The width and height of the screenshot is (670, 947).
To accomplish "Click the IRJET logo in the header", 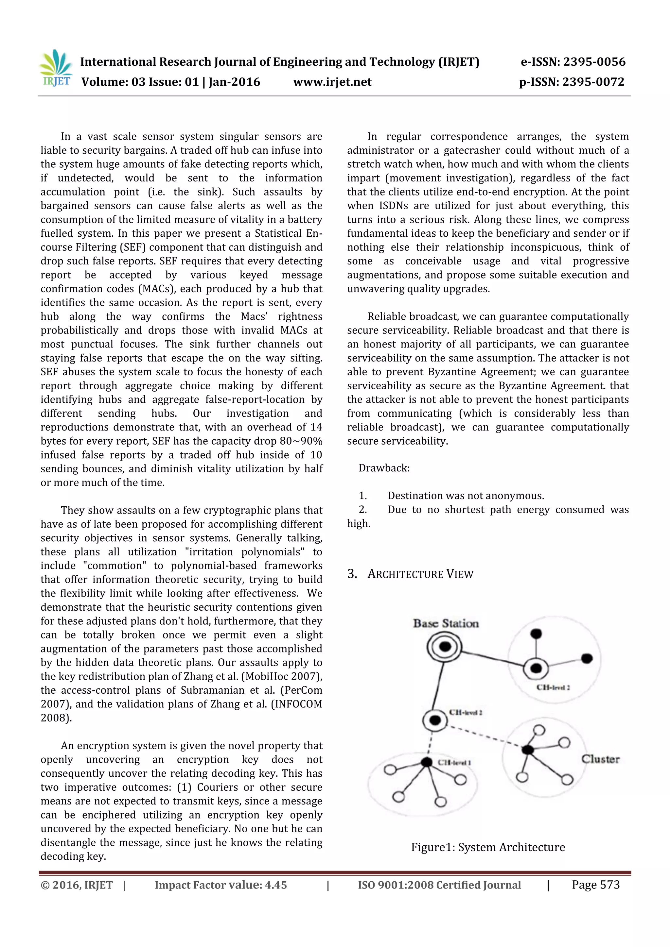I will [x=57, y=68].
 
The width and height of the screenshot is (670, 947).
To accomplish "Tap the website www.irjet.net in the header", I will [x=332, y=82].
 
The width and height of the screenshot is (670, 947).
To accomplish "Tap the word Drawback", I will [x=384, y=468].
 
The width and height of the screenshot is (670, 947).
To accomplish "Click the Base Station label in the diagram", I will [x=446, y=623].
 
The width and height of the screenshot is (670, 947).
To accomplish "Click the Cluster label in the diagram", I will [x=600, y=759].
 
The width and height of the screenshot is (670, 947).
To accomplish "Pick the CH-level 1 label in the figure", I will [x=454, y=762].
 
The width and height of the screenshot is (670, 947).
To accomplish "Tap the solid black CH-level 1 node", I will [x=427, y=762].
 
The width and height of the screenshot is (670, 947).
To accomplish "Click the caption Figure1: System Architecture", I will [x=488, y=847].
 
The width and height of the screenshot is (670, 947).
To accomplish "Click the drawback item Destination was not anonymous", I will [x=466, y=496].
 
